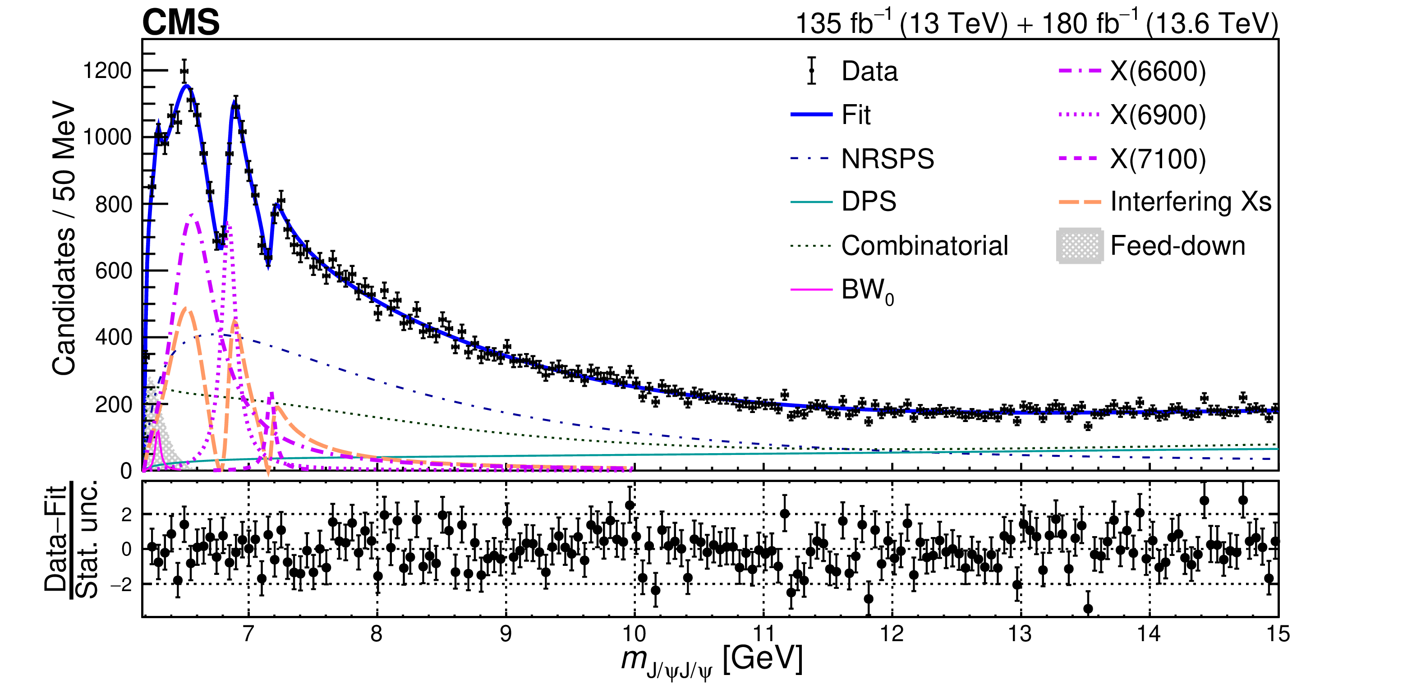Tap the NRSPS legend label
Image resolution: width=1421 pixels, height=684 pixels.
(887, 159)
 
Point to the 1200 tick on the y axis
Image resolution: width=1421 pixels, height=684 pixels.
(107, 71)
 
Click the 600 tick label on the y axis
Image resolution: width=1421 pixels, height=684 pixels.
(113, 271)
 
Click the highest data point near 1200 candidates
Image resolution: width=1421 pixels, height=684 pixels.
(184, 71)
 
